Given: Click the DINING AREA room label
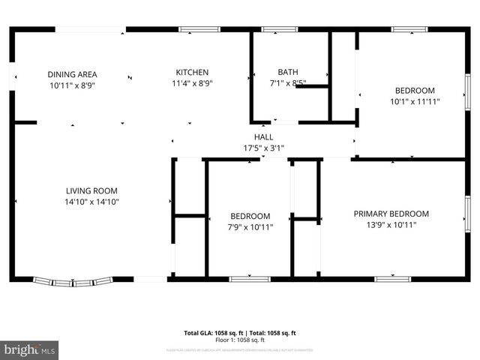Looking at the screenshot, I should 72,74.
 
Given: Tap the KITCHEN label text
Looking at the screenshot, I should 193,73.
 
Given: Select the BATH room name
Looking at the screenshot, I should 288,73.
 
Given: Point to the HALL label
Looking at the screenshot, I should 263,137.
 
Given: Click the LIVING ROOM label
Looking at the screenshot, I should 91,191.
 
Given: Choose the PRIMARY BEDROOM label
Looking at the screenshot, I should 391,214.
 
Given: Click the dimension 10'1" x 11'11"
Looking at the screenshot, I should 415,101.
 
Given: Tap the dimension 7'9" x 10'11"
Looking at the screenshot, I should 250,226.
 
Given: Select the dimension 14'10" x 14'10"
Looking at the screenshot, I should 91,202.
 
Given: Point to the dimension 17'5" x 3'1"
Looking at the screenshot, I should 263,148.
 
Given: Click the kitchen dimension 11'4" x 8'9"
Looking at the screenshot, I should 193,84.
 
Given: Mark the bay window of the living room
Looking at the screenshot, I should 73,282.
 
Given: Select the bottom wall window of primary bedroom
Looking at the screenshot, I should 392,279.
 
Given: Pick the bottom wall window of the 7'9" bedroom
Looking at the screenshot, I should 250,279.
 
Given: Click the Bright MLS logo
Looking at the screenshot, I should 30,349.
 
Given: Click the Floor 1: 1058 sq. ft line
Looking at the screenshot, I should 240,340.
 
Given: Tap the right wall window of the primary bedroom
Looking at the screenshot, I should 467,213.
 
